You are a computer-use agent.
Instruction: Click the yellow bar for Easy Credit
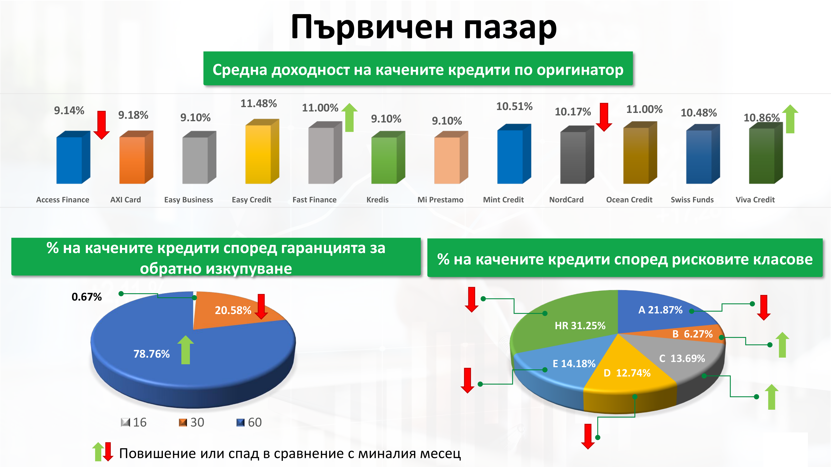(x=262, y=152)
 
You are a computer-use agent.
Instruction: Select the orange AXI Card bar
(x=136, y=157)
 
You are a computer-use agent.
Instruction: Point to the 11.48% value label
(x=259, y=103)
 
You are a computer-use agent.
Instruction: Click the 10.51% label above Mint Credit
(x=514, y=106)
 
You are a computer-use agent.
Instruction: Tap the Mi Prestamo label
(x=440, y=200)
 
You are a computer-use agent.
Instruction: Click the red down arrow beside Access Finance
(x=102, y=125)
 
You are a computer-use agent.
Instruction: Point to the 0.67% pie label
(x=86, y=297)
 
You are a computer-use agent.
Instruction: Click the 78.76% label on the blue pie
(x=152, y=354)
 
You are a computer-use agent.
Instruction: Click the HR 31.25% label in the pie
(x=580, y=325)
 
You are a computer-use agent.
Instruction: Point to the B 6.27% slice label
(x=692, y=334)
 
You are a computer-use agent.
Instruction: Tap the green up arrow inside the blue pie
(x=186, y=350)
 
